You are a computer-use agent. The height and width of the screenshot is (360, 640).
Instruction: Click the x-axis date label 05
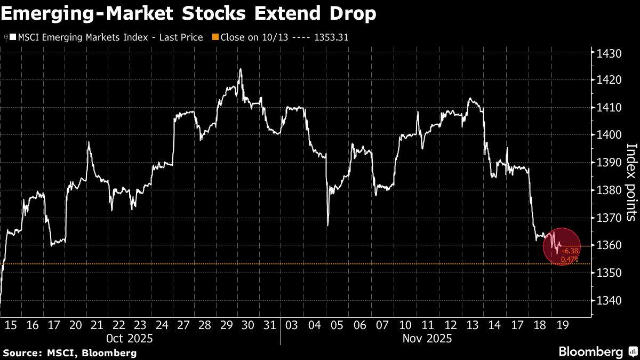pyautogui.click(x=337, y=325)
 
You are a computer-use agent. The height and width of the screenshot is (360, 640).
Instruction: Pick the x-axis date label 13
pyautogui.click(x=471, y=325)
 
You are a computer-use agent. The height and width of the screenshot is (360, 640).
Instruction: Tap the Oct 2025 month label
pyautogui.click(x=130, y=338)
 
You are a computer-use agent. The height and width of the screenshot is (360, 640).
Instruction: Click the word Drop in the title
pyautogui.click(x=349, y=14)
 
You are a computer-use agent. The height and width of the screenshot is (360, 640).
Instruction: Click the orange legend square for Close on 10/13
pyautogui.click(x=215, y=37)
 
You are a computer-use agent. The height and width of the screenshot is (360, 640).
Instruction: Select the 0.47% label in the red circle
pyautogui.click(x=570, y=259)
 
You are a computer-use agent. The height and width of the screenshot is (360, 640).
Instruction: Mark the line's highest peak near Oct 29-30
pyautogui.click(x=241, y=69)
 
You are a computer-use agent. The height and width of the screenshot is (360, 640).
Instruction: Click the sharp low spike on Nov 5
pyautogui.click(x=327, y=225)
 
